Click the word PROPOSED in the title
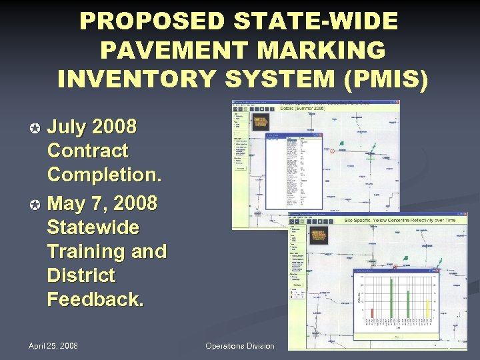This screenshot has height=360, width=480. [146, 21]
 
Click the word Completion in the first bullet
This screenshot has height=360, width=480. [103, 175]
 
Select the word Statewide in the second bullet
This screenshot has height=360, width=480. [93, 227]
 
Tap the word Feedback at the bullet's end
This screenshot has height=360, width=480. [95, 299]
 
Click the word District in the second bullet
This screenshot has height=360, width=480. [81, 275]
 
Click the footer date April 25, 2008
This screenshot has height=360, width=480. [53, 345]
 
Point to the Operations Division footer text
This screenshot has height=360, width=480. [239, 345]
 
